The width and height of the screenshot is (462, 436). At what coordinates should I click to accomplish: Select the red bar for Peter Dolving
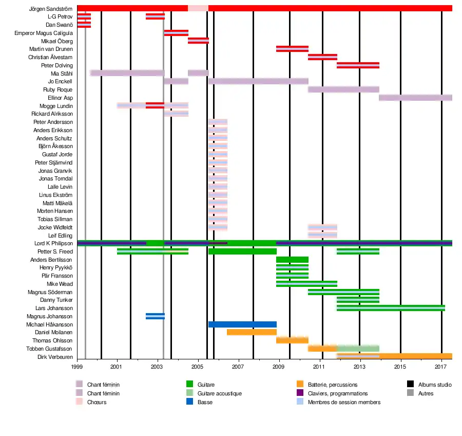(x=358, y=65)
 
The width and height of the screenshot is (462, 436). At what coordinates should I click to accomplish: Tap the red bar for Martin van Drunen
(x=292, y=49)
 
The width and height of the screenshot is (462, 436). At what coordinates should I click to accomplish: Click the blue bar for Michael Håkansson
(x=242, y=324)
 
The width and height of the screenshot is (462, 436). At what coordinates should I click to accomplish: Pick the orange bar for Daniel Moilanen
(x=252, y=332)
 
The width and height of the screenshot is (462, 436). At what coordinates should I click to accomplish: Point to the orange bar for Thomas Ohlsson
(x=292, y=340)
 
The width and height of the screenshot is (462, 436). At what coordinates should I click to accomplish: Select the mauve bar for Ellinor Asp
(x=415, y=98)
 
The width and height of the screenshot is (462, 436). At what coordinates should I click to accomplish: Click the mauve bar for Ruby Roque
(x=343, y=89)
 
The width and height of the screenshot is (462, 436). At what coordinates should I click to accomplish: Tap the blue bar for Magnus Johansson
(x=155, y=316)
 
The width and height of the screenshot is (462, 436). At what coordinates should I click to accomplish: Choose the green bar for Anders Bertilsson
(x=292, y=260)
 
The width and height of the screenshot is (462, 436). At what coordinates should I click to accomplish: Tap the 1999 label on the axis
(x=78, y=367)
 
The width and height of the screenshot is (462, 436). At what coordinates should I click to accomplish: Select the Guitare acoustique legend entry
(x=219, y=393)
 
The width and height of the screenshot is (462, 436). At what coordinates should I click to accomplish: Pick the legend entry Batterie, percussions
(x=333, y=385)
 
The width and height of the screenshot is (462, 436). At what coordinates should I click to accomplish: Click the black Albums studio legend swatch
(x=410, y=384)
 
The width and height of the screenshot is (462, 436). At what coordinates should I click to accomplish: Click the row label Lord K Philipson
(x=53, y=243)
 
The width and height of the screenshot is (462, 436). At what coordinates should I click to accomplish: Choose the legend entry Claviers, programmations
(x=338, y=393)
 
